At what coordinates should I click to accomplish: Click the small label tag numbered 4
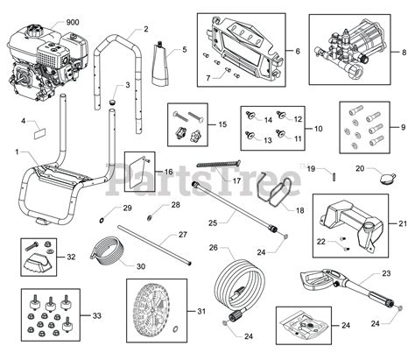[x=40, y=136]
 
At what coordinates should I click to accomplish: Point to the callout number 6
[x=296, y=52]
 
